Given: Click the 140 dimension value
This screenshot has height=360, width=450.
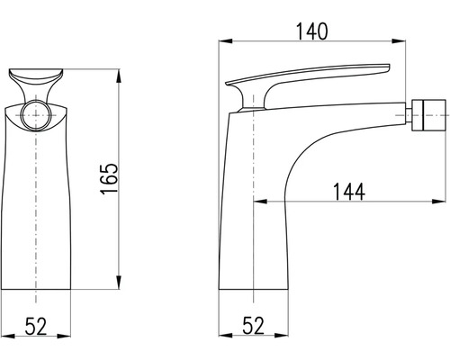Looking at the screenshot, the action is click(x=312, y=31).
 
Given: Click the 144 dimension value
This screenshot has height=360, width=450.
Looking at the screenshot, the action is click(x=349, y=192).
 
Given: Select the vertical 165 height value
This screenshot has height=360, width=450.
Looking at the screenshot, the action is click(x=109, y=179).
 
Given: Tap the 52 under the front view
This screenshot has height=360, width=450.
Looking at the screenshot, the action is click(x=36, y=326).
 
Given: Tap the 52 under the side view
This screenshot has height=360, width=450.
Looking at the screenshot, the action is click(x=254, y=326).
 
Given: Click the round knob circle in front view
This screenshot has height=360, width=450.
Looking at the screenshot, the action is click(x=36, y=115).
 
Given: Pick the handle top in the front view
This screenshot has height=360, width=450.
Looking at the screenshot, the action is click(x=36, y=76).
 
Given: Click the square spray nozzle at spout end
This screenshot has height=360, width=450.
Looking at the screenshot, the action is click(x=428, y=115).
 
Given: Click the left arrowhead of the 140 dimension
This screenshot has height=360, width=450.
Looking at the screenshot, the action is click(x=226, y=41).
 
